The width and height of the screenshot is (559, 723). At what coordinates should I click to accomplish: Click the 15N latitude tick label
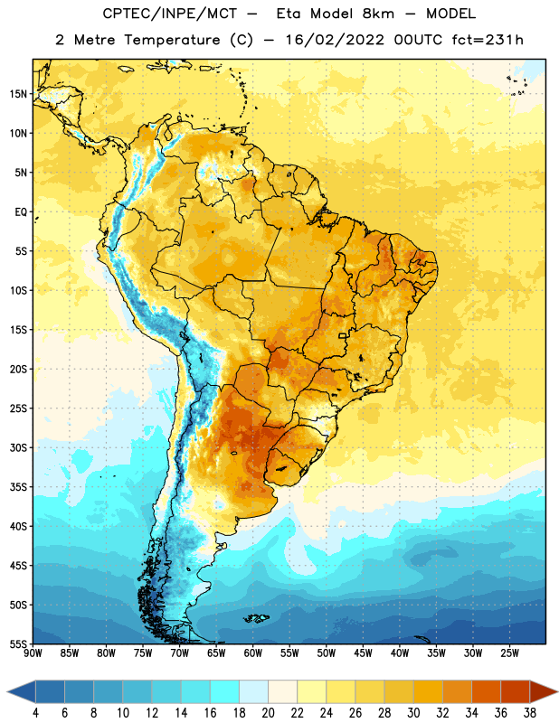click(x=18, y=94)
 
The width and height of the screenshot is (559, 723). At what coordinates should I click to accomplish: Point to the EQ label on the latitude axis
click(x=21, y=212)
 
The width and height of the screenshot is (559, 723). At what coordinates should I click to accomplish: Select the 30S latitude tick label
click(x=18, y=447)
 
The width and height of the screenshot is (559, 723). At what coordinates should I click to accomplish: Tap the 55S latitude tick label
click(x=18, y=644)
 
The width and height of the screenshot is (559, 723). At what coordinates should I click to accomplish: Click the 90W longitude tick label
click(x=33, y=653)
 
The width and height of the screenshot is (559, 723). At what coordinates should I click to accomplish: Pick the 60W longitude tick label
click(x=253, y=653)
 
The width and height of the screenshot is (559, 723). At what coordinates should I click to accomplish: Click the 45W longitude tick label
click(x=363, y=653)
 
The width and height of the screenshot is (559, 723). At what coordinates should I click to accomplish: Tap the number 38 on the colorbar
click(x=530, y=713)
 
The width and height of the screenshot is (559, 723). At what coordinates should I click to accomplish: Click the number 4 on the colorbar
click(x=35, y=713)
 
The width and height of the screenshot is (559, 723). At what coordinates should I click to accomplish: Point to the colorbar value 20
click(x=268, y=713)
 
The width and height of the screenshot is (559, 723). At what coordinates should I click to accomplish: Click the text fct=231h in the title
click(x=488, y=40)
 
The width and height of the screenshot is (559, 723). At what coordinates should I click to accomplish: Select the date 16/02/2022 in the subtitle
click(x=335, y=40)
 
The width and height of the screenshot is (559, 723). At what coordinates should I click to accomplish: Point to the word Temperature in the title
click(x=172, y=40)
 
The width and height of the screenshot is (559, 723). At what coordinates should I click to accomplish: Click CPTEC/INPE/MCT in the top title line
click(x=170, y=14)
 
